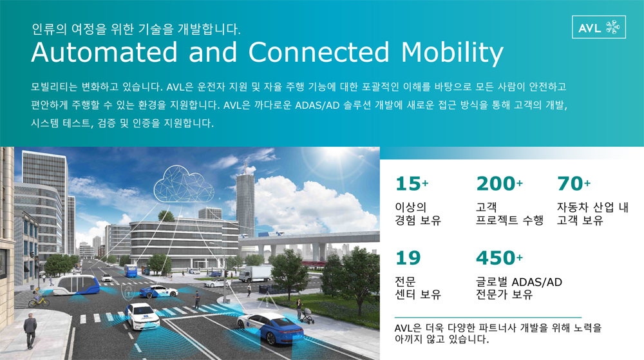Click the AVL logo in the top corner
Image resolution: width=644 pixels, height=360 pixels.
[598, 27]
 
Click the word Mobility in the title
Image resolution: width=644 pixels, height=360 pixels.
[452, 53]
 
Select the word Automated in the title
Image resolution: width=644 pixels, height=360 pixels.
[104, 52]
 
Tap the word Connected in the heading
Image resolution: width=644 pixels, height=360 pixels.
[319, 52]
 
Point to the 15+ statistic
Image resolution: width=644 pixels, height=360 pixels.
[412, 184]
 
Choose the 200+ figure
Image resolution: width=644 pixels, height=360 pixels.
[500, 184]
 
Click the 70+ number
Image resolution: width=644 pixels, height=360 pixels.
[574, 184]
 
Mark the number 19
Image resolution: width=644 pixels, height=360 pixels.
[408, 258]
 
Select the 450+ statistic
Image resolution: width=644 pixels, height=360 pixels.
[500, 258]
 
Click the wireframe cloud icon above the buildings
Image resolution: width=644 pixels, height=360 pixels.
[184, 185]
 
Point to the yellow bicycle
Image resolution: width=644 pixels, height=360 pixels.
[39, 302]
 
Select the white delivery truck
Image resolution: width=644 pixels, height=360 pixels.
[256, 274]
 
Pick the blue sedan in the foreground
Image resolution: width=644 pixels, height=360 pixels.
[270, 328]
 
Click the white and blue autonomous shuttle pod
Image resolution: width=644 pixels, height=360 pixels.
[77, 286]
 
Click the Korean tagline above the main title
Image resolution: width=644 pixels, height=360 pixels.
[136, 29]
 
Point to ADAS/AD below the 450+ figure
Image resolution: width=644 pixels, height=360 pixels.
[536, 283]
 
